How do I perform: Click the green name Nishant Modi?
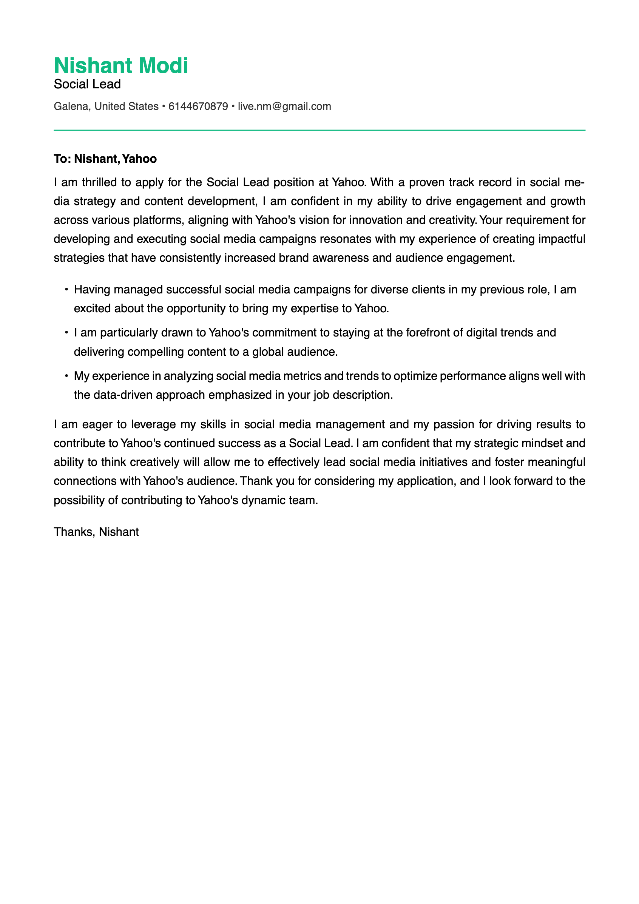tap(121, 65)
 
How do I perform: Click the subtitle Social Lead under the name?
tap(87, 84)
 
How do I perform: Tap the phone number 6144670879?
tap(198, 106)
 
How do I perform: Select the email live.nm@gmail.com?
tap(284, 106)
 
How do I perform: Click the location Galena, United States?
tap(106, 106)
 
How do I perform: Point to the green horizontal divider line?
tap(319, 130)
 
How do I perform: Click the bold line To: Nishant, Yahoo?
tap(105, 159)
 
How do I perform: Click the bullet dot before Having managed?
tap(66, 290)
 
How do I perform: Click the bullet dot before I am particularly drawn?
tap(66, 333)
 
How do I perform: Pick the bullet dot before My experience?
tap(66, 376)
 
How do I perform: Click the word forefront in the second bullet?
tap(428, 333)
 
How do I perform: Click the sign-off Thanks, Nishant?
tap(96, 532)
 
